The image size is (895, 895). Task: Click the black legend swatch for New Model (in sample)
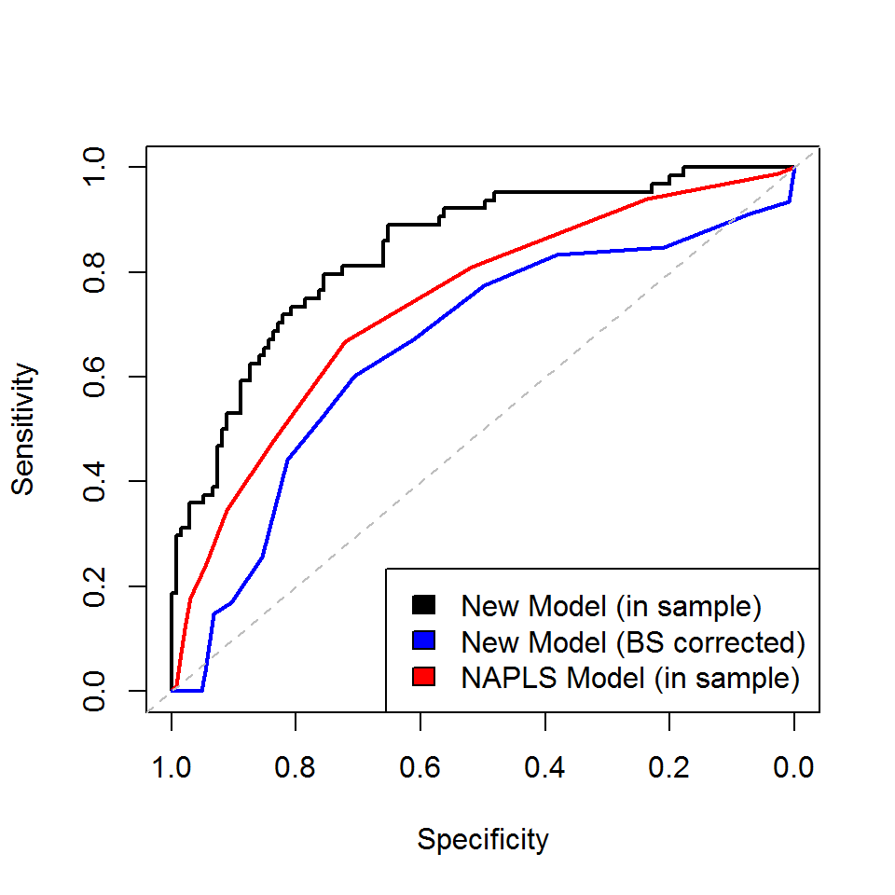pos(423,606)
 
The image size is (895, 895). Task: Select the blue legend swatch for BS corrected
pos(423,642)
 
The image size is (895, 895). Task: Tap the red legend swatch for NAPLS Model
pos(423,678)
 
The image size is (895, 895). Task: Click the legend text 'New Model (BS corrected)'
pos(633,642)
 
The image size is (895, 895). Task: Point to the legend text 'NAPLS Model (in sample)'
pos(630,678)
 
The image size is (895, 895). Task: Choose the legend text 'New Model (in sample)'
pos(612,606)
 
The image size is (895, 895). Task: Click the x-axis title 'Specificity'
pos(483,839)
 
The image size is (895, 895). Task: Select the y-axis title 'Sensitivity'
pos(24,429)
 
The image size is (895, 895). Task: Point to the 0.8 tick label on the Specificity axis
pos(296,769)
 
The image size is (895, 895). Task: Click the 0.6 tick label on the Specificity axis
pos(420,769)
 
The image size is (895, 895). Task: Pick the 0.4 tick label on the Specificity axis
pos(544,769)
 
